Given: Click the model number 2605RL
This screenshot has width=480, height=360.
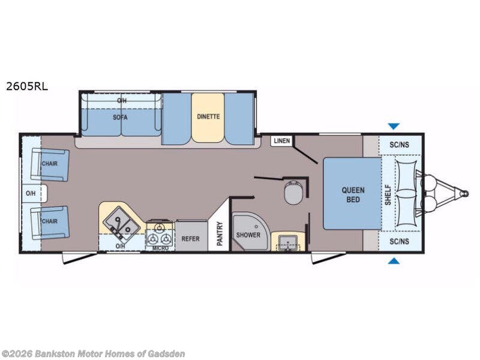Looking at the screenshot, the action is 27,86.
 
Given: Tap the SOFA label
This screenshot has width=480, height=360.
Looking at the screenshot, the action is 120,117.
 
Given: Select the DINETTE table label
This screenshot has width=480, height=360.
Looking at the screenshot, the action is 208,116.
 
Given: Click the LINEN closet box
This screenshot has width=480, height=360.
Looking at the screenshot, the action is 281,141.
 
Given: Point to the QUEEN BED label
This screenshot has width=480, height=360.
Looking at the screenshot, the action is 353,194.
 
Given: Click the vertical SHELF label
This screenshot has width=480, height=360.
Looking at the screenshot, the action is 388,194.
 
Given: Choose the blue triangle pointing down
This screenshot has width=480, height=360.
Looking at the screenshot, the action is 394,126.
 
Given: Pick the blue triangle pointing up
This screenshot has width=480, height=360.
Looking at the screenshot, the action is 394,261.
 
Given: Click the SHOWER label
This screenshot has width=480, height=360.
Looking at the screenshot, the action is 248,235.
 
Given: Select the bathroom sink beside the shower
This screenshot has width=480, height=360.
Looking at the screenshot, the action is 288,242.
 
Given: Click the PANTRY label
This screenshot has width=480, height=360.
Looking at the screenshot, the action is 220,233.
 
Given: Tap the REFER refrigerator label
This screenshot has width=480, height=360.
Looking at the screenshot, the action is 190,238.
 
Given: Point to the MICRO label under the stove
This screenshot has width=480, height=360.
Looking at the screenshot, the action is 160,248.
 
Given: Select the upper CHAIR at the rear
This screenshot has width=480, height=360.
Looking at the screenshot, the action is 50,164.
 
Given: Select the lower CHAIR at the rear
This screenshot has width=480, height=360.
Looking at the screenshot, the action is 50,222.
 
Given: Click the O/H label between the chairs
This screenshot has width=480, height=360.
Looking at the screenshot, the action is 31,193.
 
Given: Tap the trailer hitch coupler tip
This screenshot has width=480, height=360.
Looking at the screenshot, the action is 466,193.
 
